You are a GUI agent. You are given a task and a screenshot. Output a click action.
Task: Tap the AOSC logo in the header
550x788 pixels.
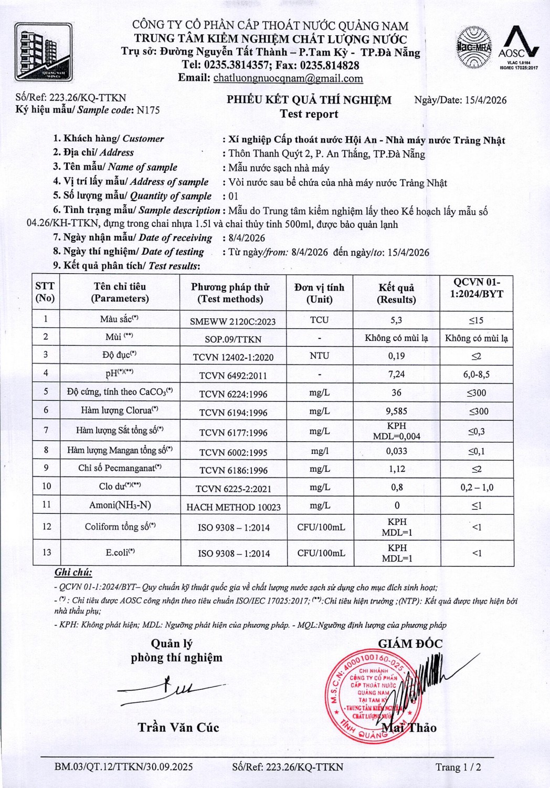519,47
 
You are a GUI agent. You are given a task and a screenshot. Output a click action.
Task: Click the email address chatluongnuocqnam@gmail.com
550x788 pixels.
288,78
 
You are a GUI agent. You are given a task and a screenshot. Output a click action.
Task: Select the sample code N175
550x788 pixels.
148,110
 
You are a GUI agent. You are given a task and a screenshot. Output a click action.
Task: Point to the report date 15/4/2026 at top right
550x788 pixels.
485,100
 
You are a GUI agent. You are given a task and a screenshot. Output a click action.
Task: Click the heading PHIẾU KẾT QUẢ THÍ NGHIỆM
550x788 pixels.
309,100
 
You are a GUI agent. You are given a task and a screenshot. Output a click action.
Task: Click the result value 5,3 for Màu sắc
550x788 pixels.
396,320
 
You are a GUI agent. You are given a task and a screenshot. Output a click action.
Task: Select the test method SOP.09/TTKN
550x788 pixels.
234,339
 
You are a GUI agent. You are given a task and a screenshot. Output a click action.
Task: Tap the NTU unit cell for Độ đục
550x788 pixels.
319,356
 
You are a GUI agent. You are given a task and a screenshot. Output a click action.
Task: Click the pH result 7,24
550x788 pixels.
396,374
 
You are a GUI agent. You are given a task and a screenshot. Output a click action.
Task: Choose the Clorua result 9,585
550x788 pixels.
396,411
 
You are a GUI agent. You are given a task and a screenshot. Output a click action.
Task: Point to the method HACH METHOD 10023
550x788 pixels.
234,507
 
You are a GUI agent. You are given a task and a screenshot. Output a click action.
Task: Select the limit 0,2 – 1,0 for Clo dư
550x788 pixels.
477,488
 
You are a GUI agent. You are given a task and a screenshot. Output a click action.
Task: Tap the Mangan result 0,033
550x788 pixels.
396,451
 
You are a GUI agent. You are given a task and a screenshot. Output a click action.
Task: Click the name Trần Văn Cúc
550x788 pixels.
178,728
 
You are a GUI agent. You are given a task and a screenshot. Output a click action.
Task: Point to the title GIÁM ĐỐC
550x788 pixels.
410,644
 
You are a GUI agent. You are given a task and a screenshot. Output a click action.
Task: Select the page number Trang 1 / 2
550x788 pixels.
458,767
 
